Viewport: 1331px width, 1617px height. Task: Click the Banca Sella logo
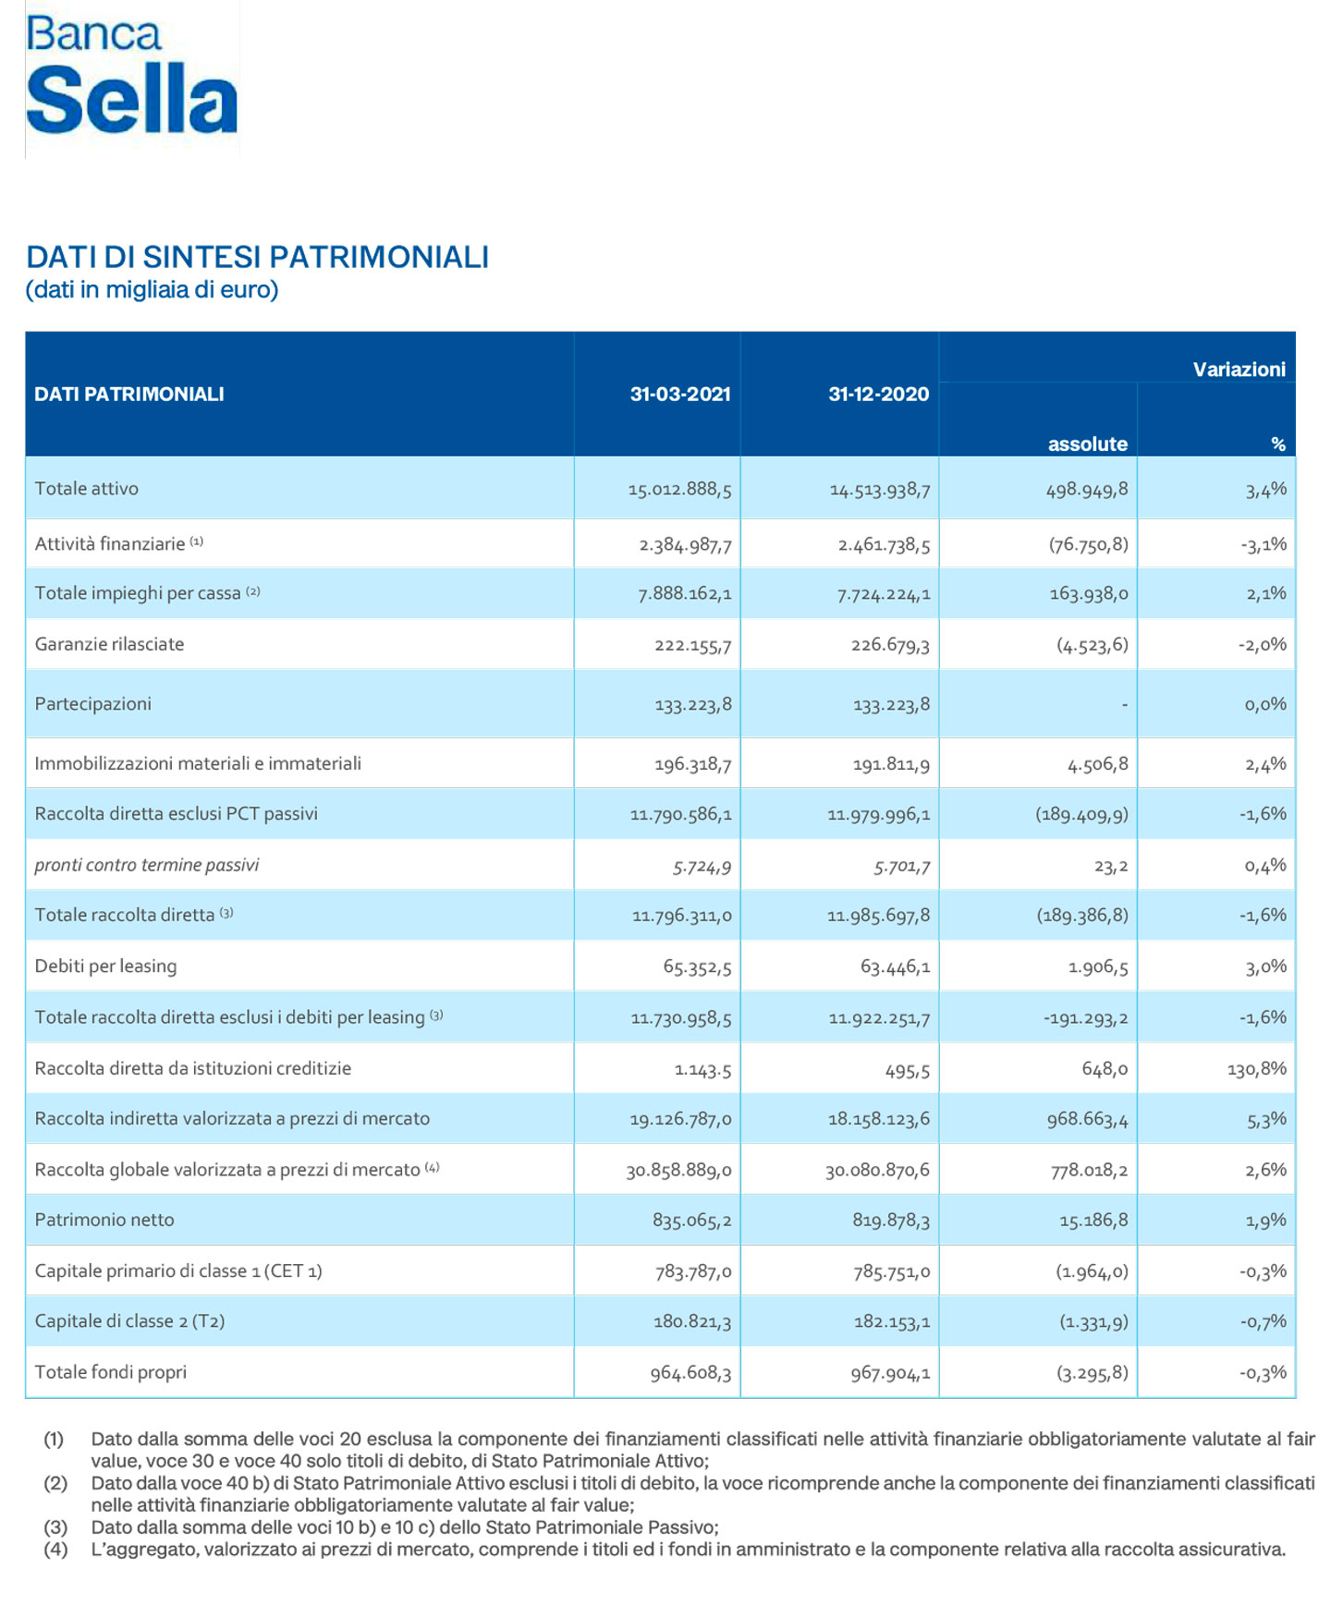(x=131, y=78)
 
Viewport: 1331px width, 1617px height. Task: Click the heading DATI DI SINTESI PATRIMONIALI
(x=257, y=257)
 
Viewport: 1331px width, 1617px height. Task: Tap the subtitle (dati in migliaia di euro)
(x=152, y=290)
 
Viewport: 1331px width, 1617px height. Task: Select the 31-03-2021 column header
(x=679, y=395)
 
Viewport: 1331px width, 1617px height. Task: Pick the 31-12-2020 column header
(x=878, y=395)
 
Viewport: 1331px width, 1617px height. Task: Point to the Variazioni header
(x=1239, y=370)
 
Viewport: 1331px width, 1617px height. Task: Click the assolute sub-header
(x=1087, y=444)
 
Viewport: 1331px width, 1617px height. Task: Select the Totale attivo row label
(x=87, y=489)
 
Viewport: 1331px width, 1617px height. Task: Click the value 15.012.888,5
(x=679, y=490)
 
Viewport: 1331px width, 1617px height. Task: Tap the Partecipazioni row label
(x=93, y=704)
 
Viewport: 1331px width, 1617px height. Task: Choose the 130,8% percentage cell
(x=1257, y=1069)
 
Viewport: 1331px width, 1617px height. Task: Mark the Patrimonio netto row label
(x=104, y=1220)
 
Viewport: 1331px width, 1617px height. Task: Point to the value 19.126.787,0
(x=680, y=1120)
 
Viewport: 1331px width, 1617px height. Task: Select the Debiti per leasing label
(x=105, y=967)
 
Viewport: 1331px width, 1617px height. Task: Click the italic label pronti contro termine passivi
(x=147, y=866)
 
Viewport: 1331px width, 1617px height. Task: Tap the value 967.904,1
(x=889, y=1373)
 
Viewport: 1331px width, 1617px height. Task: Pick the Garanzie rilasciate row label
(x=109, y=644)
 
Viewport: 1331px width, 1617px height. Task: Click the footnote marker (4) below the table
(x=55, y=1549)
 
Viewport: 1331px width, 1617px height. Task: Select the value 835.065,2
(x=691, y=1221)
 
